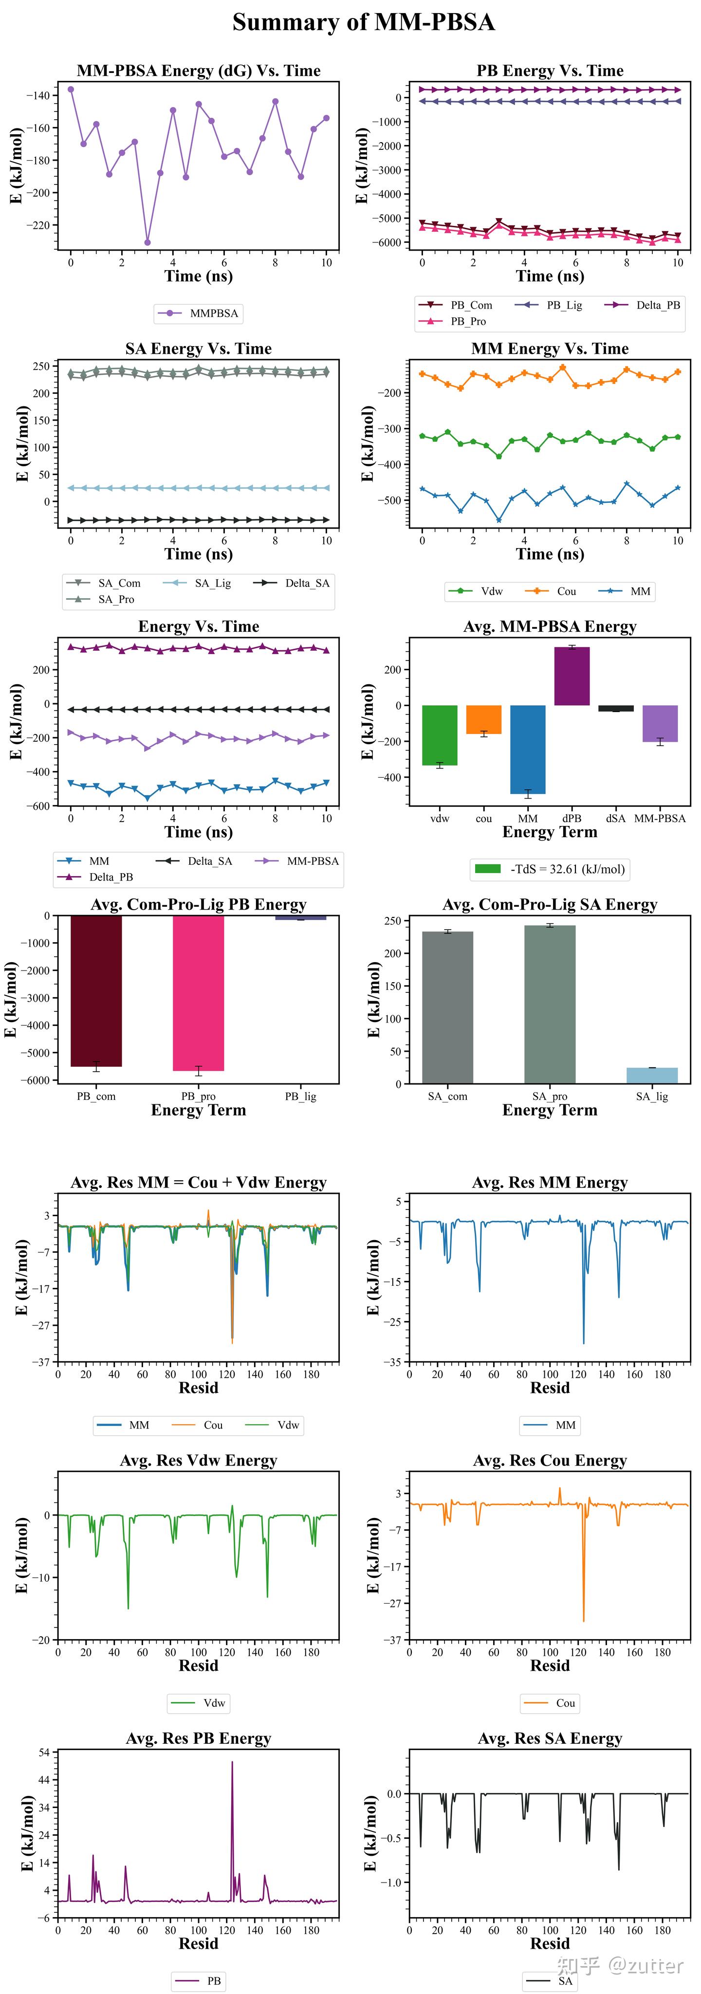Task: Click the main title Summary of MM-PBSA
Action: [363, 22]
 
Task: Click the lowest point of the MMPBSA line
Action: [147, 242]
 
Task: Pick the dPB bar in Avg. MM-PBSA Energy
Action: [572, 676]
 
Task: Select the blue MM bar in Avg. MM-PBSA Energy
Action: [528, 750]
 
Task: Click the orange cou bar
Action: [483, 720]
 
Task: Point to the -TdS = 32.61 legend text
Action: [567, 869]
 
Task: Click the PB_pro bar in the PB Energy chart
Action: [198, 993]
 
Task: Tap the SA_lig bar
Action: [651, 1075]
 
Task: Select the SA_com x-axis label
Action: [448, 1096]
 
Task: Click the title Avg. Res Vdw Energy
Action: [198, 1461]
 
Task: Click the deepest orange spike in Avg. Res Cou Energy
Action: [583, 1621]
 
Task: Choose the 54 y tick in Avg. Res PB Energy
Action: [44, 1753]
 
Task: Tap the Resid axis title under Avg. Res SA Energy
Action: [549, 1944]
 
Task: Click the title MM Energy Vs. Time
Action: [549, 349]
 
